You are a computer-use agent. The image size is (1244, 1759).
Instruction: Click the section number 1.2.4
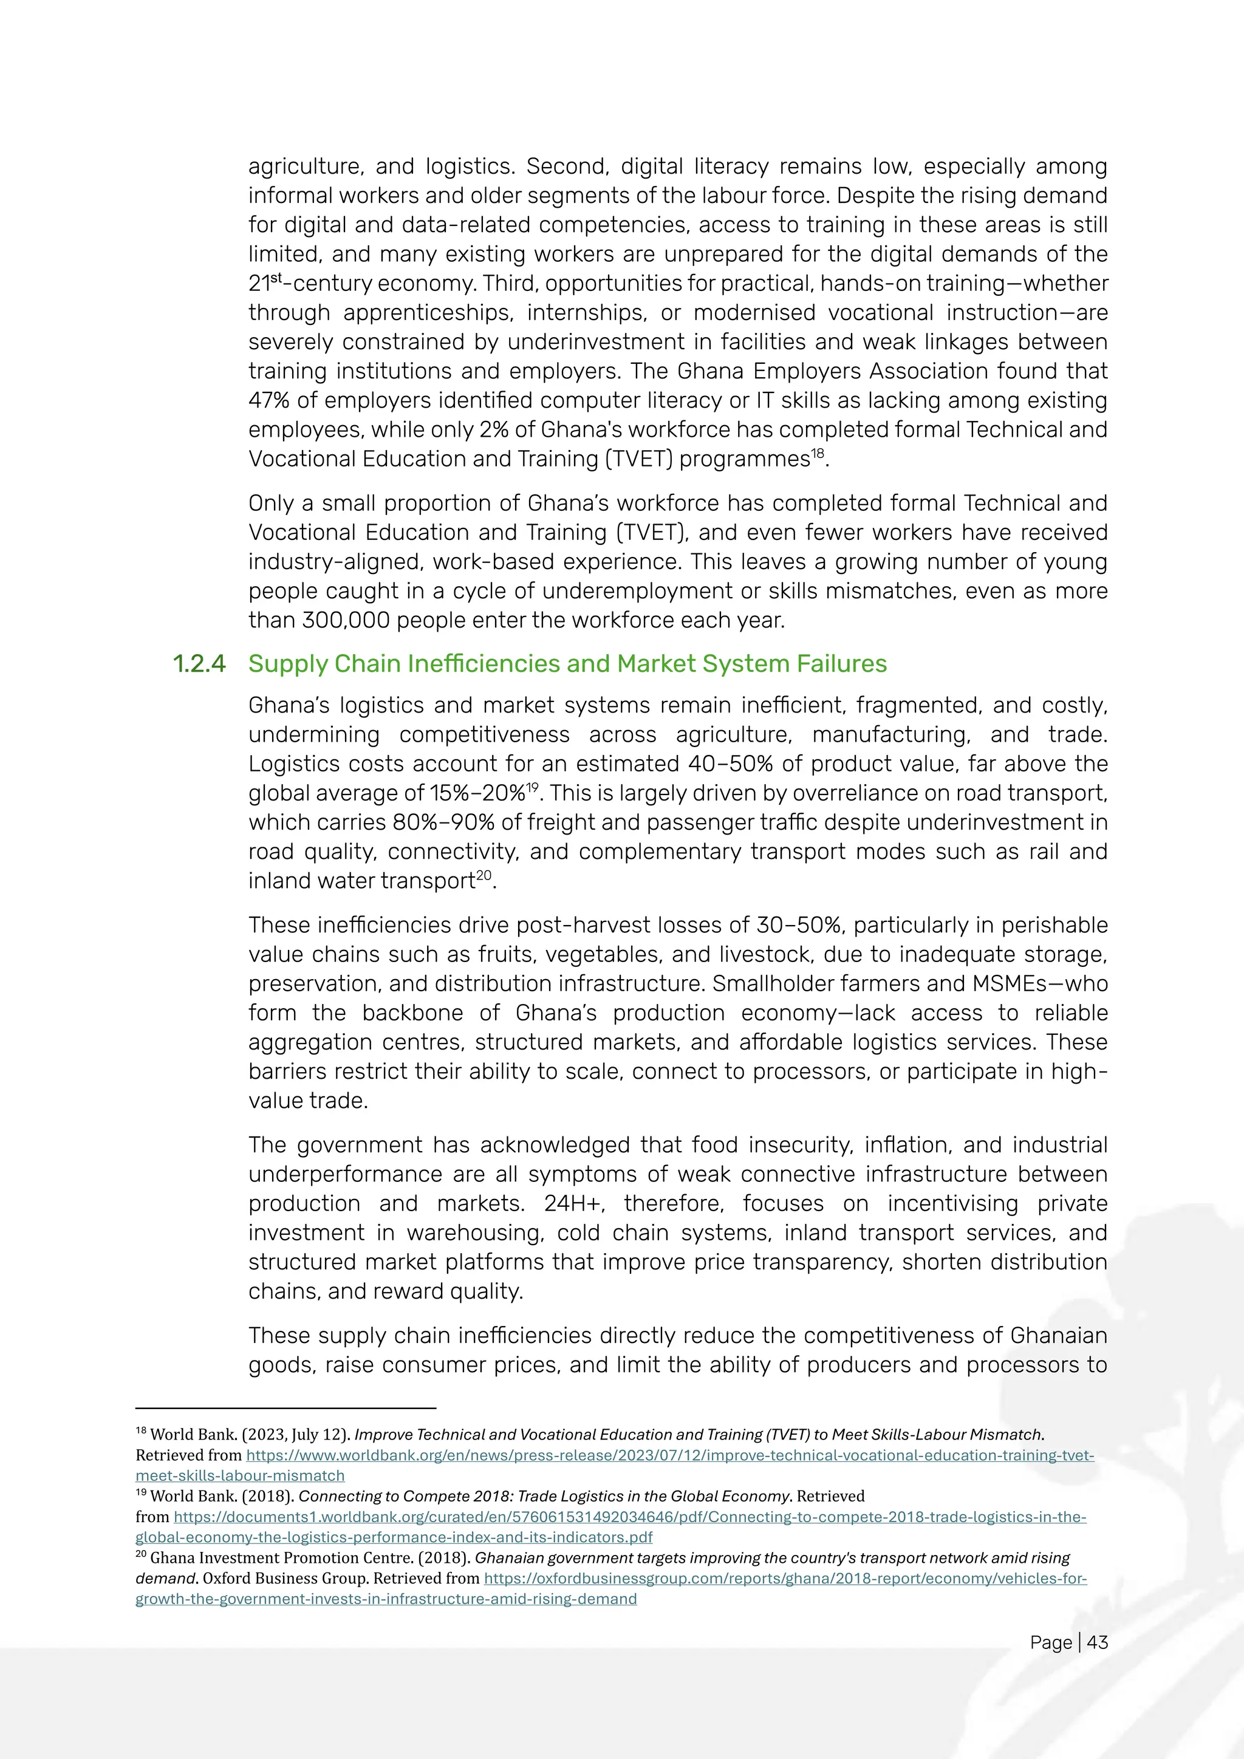[x=199, y=663]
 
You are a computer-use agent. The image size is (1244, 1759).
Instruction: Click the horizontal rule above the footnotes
[x=285, y=1408]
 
